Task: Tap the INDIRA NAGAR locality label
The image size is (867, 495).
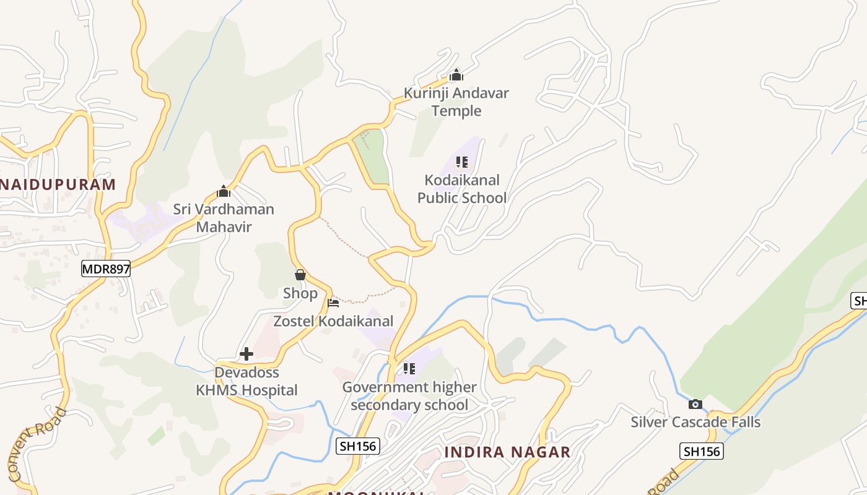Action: coord(507,452)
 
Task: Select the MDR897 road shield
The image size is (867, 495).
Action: coord(106,269)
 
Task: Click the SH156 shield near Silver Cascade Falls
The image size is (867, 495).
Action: coord(702,451)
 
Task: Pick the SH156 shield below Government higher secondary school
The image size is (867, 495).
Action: coord(358,446)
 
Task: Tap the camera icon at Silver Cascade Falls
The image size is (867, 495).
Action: coord(695,404)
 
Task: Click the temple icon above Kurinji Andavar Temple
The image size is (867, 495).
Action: coord(456,75)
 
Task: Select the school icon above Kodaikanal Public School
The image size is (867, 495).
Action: coord(461,162)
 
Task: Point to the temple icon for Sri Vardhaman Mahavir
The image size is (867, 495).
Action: coord(224,191)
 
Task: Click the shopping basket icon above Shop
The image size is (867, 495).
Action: coord(300,275)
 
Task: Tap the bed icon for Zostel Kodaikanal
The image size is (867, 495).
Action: coord(333,303)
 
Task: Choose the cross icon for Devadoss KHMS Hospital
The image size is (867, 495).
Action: coord(246,354)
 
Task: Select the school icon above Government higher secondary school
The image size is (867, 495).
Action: coord(409,369)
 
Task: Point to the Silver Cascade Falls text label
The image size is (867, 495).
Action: coord(695,422)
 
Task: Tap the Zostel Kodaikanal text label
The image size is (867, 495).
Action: coord(333,321)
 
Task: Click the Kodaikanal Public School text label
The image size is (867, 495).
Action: coord(462,189)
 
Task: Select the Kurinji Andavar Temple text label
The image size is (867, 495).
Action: coord(456,102)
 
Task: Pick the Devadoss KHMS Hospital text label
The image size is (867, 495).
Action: coord(246,381)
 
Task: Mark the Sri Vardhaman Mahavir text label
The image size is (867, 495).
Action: coord(224,218)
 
